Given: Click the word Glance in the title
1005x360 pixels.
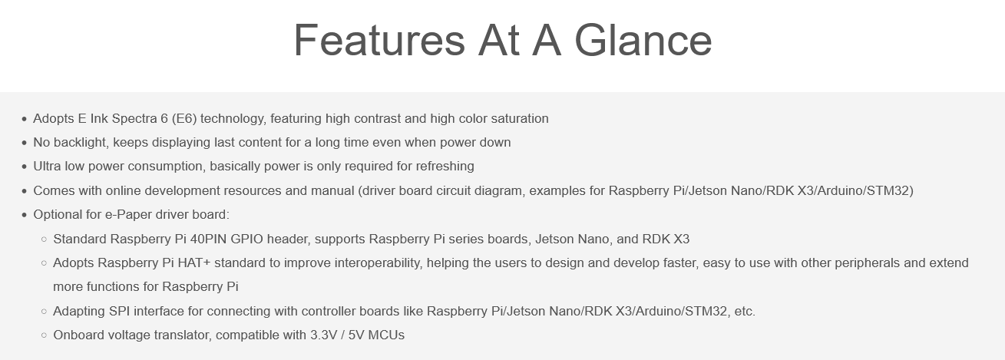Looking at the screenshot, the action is point(643,41).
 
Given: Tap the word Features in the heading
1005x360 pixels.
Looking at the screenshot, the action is point(379,41).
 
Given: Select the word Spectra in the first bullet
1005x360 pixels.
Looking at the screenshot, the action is point(134,119).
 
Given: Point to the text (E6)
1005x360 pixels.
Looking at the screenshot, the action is point(184,119).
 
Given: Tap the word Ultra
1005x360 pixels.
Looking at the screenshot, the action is point(47,167).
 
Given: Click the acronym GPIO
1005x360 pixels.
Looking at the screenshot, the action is point(246,239).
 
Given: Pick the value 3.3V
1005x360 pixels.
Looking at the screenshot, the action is point(323,335).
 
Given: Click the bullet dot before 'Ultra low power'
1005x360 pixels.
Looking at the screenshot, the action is point(25,167).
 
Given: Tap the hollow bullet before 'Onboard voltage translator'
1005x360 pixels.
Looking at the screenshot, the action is point(44,335).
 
